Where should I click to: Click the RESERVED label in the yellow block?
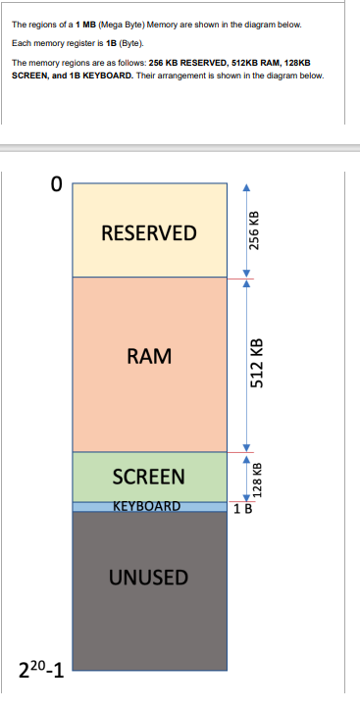pos(149,233)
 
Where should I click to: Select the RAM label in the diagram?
pos(149,356)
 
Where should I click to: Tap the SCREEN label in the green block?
pos(149,477)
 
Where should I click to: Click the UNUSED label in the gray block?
pos(149,576)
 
